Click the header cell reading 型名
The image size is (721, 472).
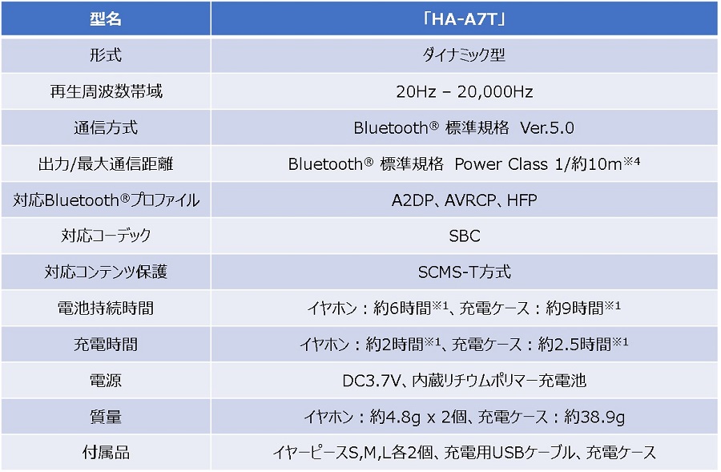pos(106,19)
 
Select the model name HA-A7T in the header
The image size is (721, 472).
pos(465,19)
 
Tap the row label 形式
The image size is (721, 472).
pos(106,55)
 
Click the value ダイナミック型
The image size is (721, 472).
pos(464,55)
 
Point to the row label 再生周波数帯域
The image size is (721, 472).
pos(106,91)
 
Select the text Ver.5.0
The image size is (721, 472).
pos(547,128)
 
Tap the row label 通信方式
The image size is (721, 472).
pos(106,127)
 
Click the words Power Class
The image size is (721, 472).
pos(501,164)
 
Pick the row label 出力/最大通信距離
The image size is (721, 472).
pos(106,163)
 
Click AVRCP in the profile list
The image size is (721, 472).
pos(470,200)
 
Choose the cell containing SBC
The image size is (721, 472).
pos(465,236)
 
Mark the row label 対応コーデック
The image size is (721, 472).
pos(106,236)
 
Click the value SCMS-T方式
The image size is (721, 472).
pos(465,272)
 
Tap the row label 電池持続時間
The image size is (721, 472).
pos(106,309)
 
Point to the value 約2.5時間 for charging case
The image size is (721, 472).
pos(574,344)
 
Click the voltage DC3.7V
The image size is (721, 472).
pos(372,381)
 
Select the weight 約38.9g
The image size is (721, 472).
pos(594,417)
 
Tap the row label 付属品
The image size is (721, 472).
pos(106,453)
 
